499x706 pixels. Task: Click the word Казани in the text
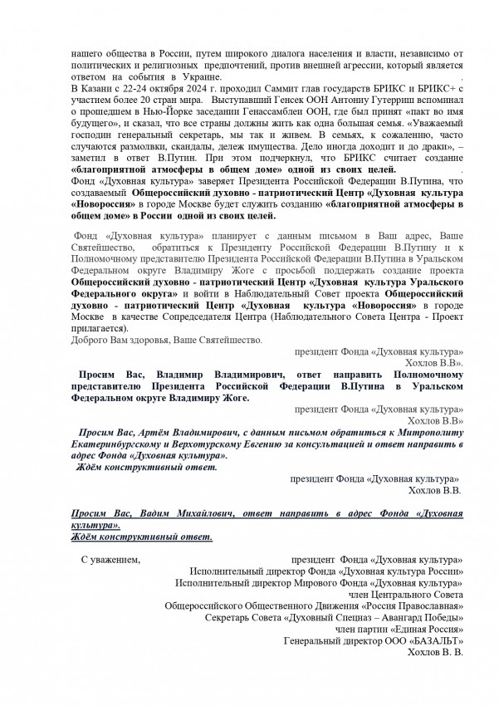[x=97, y=86]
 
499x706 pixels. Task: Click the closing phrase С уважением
[x=110, y=560]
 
